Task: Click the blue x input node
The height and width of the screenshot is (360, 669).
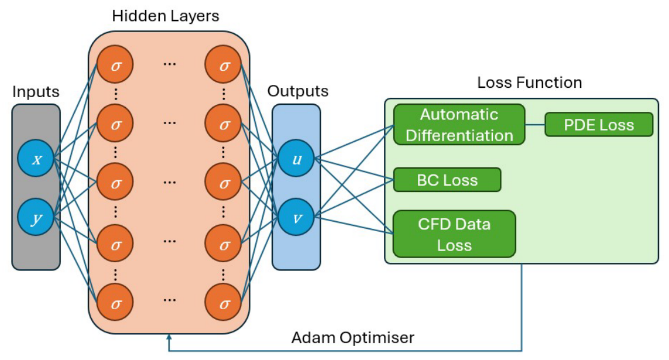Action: pos(36,158)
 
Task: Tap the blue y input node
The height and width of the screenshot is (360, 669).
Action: pos(36,217)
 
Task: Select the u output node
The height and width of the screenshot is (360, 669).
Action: pos(296,158)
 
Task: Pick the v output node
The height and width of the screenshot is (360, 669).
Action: pos(296,217)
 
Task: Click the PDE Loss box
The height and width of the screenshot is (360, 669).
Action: pos(599,125)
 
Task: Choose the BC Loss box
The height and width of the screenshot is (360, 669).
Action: pos(447,180)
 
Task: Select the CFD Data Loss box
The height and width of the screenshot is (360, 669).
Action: pos(454,234)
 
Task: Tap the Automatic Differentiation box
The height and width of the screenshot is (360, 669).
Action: pos(459,125)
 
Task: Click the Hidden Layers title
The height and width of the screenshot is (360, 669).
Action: pos(166,16)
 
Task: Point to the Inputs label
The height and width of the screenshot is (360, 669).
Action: pos(36,92)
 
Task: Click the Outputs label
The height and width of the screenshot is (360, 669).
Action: pos(298,91)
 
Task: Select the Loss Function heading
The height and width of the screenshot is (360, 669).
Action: pos(530,83)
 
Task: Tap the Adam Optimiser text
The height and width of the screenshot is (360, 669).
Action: pos(353,337)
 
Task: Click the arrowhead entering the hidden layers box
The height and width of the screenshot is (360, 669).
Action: pos(169,337)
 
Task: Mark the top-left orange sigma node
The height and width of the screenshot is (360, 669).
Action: pos(115,65)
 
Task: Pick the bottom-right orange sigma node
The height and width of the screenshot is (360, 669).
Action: pos(223,303)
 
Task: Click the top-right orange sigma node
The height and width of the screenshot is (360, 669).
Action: pos(223,65)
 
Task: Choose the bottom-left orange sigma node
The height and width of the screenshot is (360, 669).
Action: pos(115,303)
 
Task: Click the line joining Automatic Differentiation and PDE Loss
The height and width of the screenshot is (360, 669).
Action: pos(535,125)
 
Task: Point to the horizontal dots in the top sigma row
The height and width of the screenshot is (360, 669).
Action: pos(169,64)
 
